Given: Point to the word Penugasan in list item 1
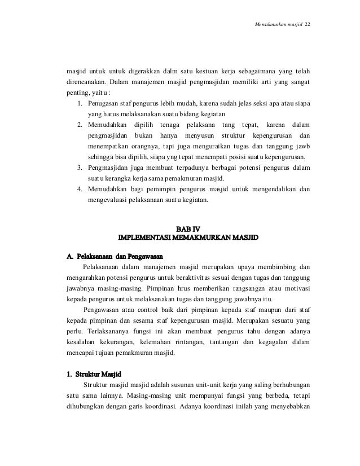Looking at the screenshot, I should pyautogui.click(x=106, y=104).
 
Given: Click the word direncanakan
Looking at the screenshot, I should pyautogui.click(x=85, y=83).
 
